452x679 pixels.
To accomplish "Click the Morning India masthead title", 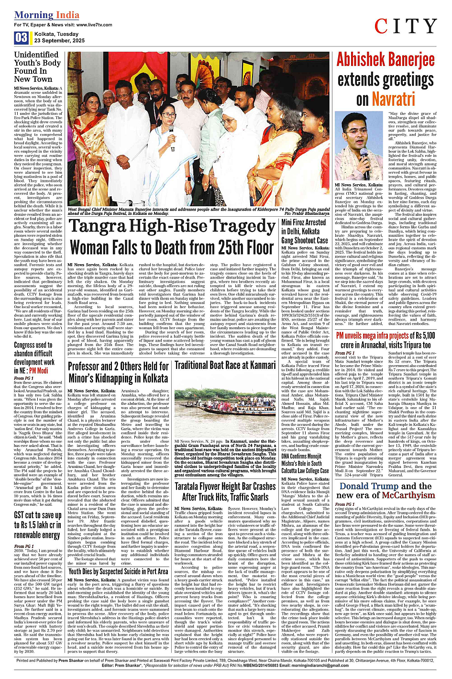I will click(46, 15).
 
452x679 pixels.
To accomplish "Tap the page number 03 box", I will click(22, 38).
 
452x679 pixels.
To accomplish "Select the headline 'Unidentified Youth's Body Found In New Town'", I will click(37, 67).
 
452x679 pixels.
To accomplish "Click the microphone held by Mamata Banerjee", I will click(171, 130).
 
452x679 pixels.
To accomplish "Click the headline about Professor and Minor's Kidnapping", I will click(118, 372).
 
